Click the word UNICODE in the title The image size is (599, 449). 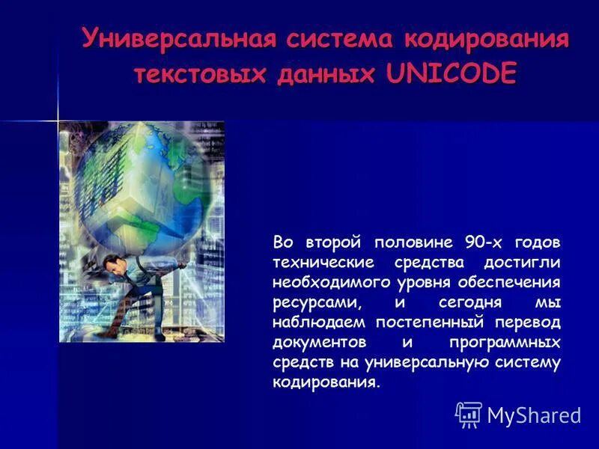tap(451, 74)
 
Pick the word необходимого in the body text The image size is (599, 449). tap(329, 283)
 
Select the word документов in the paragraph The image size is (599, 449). tap(320, 343)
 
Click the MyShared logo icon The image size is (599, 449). tap(469, 414)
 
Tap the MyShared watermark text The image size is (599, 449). tap(534, 415)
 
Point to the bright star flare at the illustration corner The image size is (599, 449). tap(58, 120)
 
